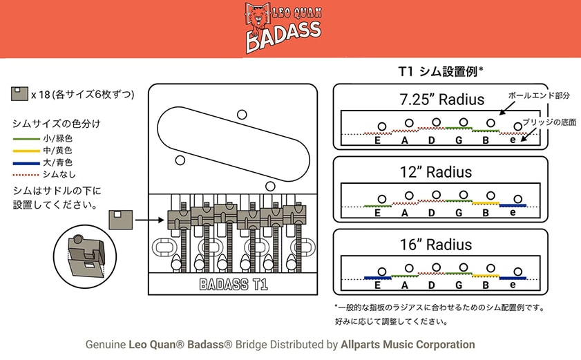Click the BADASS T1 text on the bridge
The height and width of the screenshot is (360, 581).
234,283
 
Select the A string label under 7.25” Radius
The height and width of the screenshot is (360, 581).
403,140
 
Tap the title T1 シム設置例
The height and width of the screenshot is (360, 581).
441,71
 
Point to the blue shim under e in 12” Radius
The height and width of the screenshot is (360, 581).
512,205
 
